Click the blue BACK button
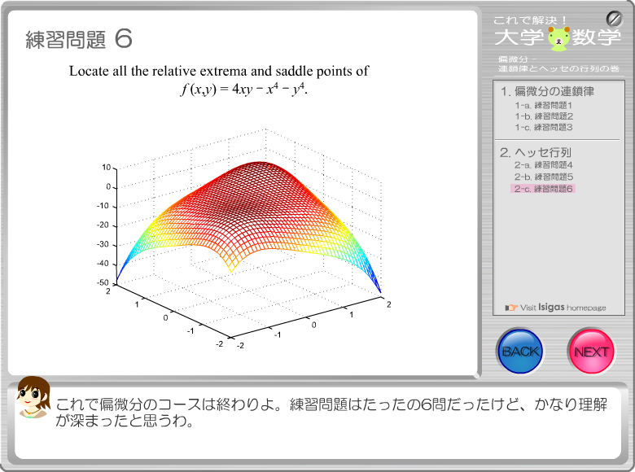point(520,351)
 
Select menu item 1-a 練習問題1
point(544,106)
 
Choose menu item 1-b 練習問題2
point(544,116)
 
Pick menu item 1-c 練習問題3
point(544,128)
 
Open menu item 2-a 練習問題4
point(544,165)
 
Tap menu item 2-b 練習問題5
point(544,177)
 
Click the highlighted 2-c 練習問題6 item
point(543,189)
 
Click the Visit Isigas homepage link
point(555,308)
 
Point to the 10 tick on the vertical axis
point(106,167)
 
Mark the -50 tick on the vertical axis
point(103,282)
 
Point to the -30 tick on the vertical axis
point(103,244)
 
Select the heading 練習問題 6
point(79,39)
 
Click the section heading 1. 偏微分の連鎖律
point(547,91)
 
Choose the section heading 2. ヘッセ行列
point(536,153)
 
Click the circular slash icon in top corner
point(614,19)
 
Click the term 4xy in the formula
point(242,90)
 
